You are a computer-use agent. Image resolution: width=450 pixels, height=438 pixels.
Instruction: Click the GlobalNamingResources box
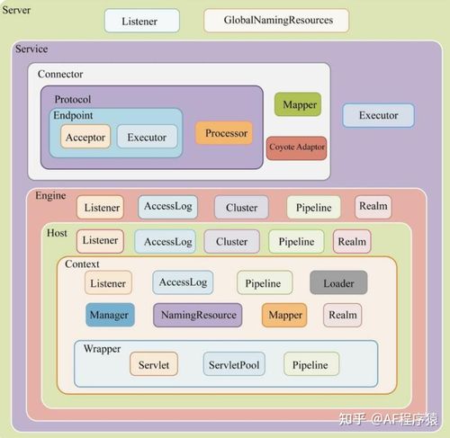(x=276, y=21)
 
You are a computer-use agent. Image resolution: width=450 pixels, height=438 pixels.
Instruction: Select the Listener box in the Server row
(x=142, y=21)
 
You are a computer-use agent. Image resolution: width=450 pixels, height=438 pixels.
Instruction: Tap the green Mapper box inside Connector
(x=298, y=104)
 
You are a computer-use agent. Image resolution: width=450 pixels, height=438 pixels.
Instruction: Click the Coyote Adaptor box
(x=296, y=148)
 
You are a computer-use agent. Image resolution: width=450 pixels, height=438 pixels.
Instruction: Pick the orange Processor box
(x=224, y=133)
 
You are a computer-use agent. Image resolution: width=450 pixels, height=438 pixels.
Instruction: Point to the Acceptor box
(x=85, y=137)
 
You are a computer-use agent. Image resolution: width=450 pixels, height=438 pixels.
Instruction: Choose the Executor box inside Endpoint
(x=147, y=137)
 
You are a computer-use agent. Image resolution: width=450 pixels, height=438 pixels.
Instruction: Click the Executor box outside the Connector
(x=378, y=115)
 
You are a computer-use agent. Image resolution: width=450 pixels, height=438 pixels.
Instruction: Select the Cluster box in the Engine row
(x=241, y=207)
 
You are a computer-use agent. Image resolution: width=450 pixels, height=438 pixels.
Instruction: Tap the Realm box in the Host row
(x=352, y=241)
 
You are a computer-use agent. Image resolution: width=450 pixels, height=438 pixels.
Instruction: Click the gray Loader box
(x=338, y=282)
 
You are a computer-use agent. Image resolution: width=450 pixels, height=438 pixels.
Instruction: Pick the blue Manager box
(x=110, y=315)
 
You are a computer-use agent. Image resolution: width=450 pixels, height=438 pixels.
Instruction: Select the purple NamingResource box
(x=197, y=315)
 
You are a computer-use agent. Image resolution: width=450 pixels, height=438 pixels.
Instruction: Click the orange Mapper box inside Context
(x=284, y=315)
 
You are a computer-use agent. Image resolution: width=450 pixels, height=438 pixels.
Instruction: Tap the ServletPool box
(x=234, y=364)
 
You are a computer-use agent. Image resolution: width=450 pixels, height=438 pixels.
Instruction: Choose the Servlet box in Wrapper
(x=154, y=364)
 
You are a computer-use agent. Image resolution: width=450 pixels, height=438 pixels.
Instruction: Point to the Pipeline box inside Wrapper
(x=311, y=364)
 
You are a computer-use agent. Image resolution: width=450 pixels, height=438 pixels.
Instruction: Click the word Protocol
(x=73, y=99)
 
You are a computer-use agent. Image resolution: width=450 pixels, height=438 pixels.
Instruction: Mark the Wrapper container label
(x=102, y=349)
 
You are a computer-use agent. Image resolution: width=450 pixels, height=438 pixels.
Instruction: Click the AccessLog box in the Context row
(x=183, y=282)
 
